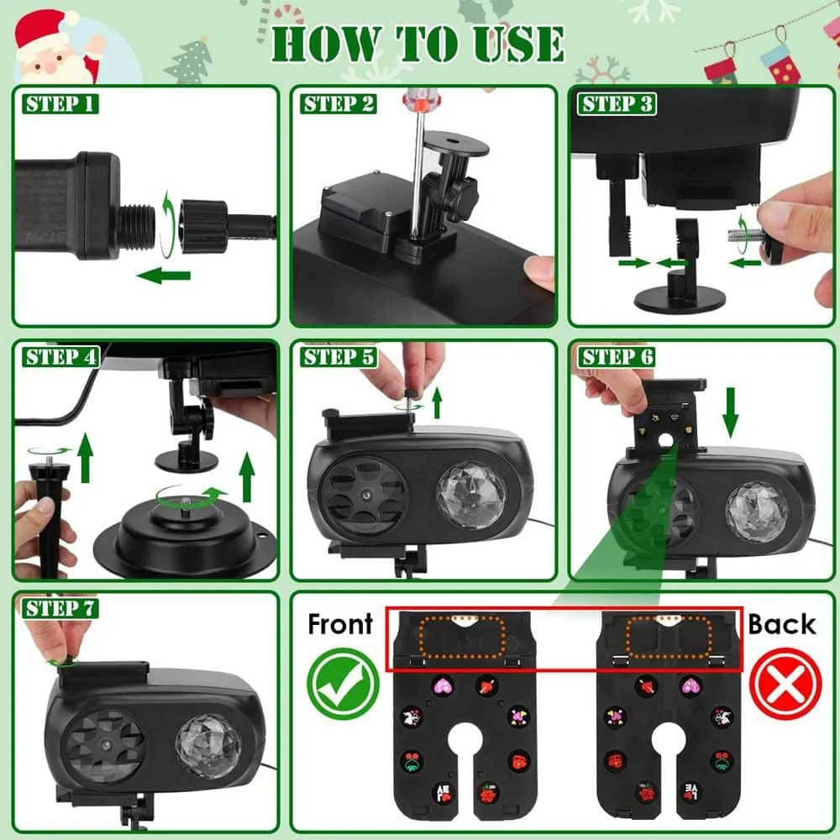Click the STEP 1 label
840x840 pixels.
tap(60, 104)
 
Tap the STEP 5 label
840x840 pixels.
tap(339, 357)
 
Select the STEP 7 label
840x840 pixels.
tap(60, 608)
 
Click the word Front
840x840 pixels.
tap(340, 624)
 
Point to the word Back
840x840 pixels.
tap(782, 624)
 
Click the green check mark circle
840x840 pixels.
tap(343, 684)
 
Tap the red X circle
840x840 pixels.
tap(785, 684)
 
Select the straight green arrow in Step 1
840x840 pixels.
tap(164, 276)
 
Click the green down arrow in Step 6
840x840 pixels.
tap(730, 412)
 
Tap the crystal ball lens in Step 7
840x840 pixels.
tap(209, 746)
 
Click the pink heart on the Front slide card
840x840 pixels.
tap(443, 685)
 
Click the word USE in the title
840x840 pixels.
tap(518, 44)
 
